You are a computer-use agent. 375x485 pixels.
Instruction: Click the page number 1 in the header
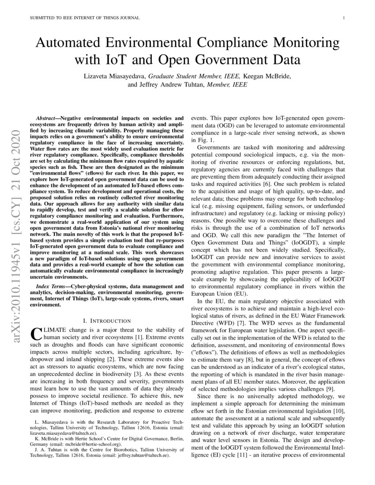(343, 18)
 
